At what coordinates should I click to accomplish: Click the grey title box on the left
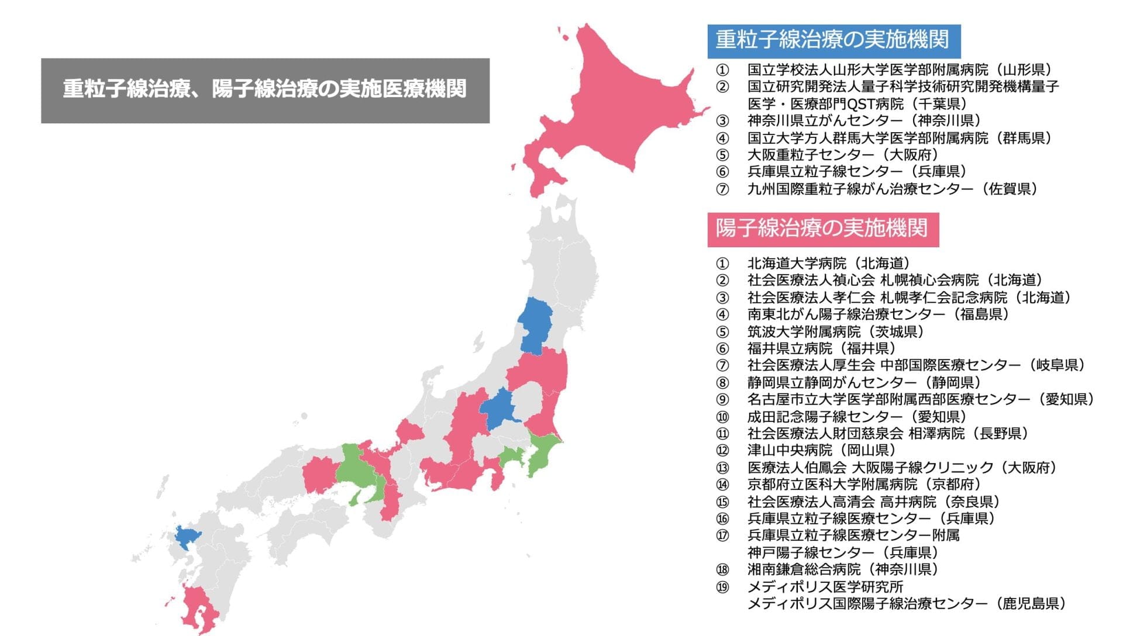pyautogui.click(x=265, y=90)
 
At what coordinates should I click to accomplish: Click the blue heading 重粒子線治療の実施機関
pyautogui.click(x=833, y=40)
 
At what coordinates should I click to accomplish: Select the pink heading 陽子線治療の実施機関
pyautogui.click(x=822, y=229)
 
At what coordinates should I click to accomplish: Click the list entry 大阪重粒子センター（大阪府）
pyautogui.click(x=842, y=155)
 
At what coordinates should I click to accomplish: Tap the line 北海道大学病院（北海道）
pyautogui.click(x=828, y=264)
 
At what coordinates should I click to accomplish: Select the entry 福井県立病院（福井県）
pyautogui.click(x=821, y=348)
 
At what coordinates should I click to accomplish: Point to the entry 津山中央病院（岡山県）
pyautogui.click(x=821, y=451)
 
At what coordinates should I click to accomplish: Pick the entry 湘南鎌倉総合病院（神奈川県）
pyautogui.click(x=842, y=569)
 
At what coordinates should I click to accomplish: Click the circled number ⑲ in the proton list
pyautogui.click(x=723, y=587)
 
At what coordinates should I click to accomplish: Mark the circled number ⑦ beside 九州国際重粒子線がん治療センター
pyautogui.click(x=723, y=189)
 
